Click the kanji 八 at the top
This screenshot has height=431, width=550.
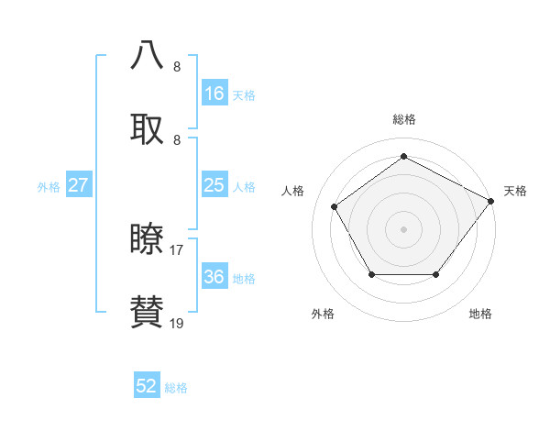pyautogui.click(x=148, y=54)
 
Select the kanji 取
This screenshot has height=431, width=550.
pyautogui.click(x=148, y=127)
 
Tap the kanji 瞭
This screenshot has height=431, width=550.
pyautogui.click(x=148, y=238)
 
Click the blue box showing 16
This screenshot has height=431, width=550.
pyautogui.click(x=214, y=94)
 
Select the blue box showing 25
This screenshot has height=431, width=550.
pyautogui.click(x=214, y=185)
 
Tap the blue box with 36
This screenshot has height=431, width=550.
pyautogui.click(x=214, y=277)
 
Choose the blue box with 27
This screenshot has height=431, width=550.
pyautogui.click(x=79, y=185)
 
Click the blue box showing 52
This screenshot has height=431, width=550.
pyautogui.click(x=147, y=386)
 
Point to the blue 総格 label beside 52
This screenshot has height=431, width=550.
pyautogui.click(x=176, y=388)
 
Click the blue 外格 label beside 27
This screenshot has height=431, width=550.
pyautogui.click(x=49, y=187)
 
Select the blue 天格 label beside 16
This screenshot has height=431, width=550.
pyautogui.click(x=244, y=95)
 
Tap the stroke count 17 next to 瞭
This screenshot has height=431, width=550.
pyautogui.click(x=177, y=249)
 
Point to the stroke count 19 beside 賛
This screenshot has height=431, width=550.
pyautogui.click(x=177, y=323)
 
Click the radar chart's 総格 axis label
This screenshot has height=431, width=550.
pyautogui.click(x=403, y=119)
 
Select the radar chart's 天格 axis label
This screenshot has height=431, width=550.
pyautogui.click(x=515, y=191)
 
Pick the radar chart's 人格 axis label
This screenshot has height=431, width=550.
pyautogui.click(x=293, y=191)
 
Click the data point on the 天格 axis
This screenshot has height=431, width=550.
pyautogui.click(x=491, y=201)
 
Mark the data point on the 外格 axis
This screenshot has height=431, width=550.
pyautogui.click(x=371, y=274)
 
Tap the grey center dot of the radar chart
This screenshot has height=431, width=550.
pyautogui.click(x=403, y=228)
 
